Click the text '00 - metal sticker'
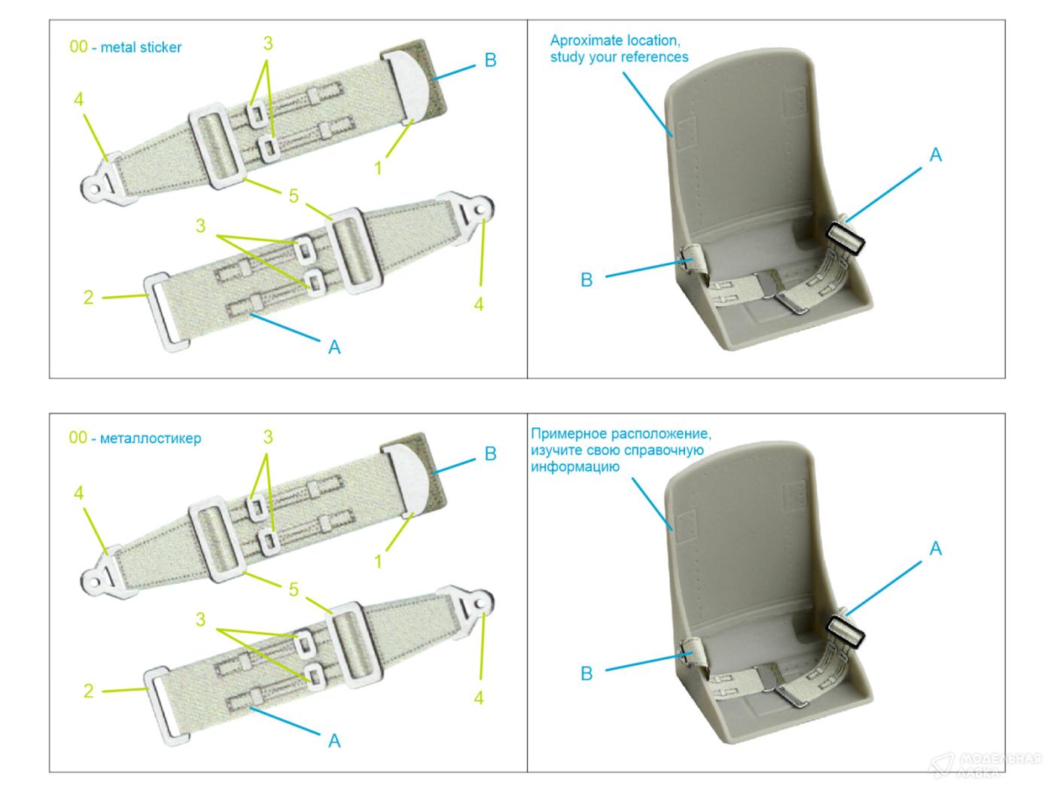(x=126, y=47)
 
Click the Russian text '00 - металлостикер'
(x=136, y=438)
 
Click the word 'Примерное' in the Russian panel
(x=567, y=434)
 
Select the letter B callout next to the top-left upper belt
(x=490, y=60)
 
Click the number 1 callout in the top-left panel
(x=379, y=168)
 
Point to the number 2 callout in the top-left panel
(x=89, y=298)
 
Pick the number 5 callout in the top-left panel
(x=294, y=197)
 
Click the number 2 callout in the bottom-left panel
(x=89, y=691)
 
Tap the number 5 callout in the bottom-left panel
(x=294, y=590)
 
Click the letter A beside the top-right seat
(x=935, y=155)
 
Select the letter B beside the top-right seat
(x=586, y=280)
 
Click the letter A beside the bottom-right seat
(x=935, y=548)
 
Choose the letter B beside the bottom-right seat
(x=586, y=673)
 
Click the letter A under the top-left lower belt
(x=334, y=347)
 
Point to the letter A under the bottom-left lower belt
(x=334, y=741)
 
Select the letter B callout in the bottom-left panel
(x=490, y=454)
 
